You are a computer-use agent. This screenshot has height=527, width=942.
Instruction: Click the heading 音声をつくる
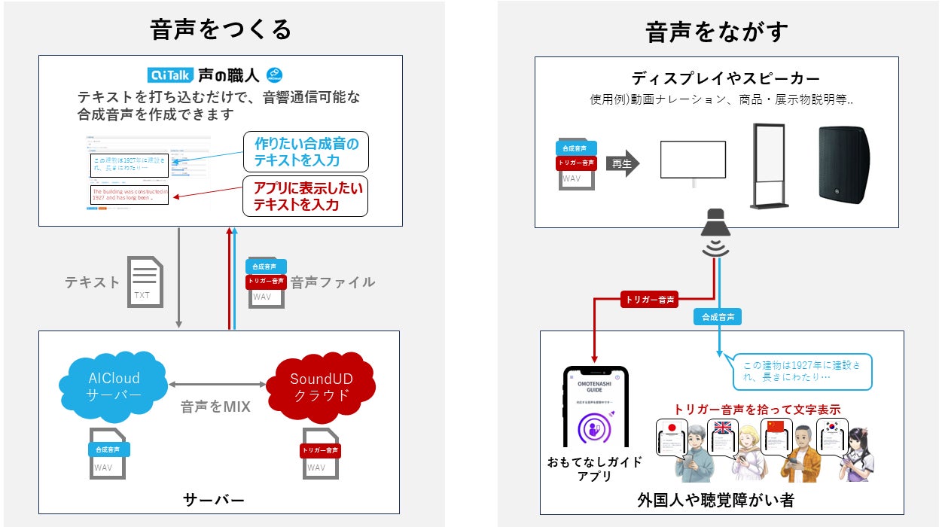tap(220, 30)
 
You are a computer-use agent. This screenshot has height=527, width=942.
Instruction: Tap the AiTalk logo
tap(172, 75)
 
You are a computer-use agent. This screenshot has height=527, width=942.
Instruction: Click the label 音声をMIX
tap(215, 407)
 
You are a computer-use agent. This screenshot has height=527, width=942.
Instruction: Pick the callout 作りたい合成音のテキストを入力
tap(306, 151)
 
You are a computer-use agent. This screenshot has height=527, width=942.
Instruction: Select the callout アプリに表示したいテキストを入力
tap(306, 196)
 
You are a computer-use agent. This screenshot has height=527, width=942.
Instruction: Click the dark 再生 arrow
tap(622, 163)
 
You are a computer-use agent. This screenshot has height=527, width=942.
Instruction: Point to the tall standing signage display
tap(769, 166)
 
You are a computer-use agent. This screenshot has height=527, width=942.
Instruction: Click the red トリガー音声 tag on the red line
tap(648, 300)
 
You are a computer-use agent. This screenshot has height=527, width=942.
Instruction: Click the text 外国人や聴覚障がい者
tap(715, 499)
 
